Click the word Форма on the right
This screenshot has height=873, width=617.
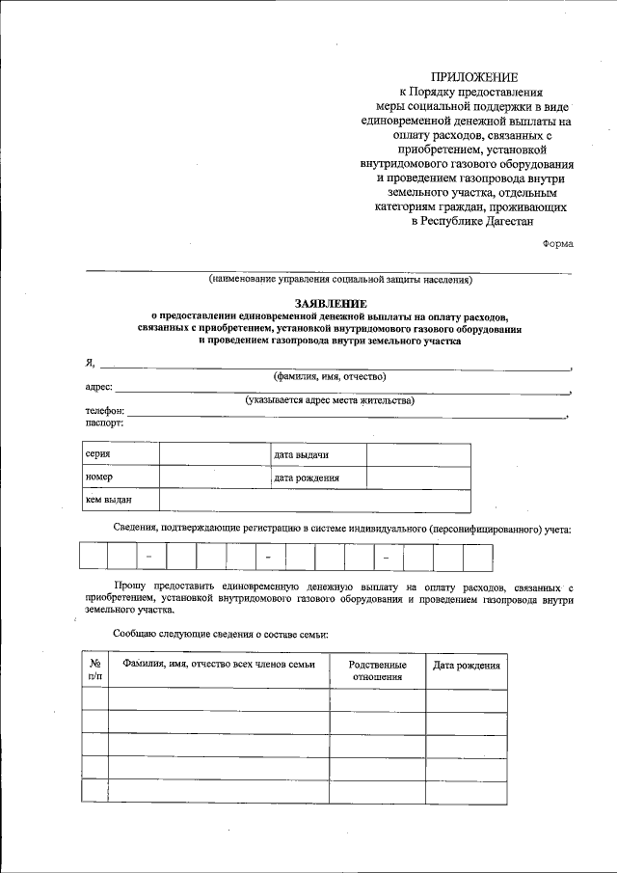coord(557,243)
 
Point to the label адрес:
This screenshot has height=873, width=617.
coord(99,389)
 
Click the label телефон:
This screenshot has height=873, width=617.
coord(105,412)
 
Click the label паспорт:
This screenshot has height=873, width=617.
coord(104,423)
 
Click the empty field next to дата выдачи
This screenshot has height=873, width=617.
coord(418,454)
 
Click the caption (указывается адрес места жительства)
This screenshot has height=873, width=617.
coord(329,400)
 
